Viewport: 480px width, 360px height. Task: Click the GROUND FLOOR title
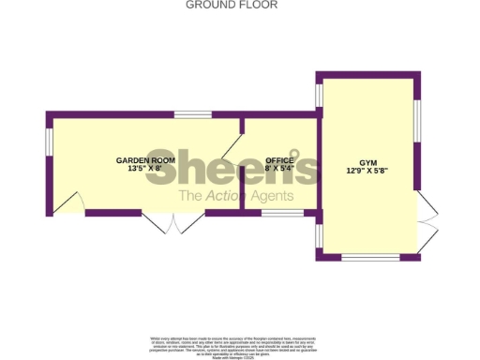232,5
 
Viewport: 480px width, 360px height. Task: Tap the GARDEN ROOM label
145,160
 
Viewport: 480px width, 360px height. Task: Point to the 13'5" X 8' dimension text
145,170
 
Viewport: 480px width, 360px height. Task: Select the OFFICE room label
280,160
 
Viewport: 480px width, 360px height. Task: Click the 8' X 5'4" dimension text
280,170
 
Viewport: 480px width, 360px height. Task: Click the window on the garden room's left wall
49,141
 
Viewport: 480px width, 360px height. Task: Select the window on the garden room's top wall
192,114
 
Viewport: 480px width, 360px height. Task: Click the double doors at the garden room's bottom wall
173,223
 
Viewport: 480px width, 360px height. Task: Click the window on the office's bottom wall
282,213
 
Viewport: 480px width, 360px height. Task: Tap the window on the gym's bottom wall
370,257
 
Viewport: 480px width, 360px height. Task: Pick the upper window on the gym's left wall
319,95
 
